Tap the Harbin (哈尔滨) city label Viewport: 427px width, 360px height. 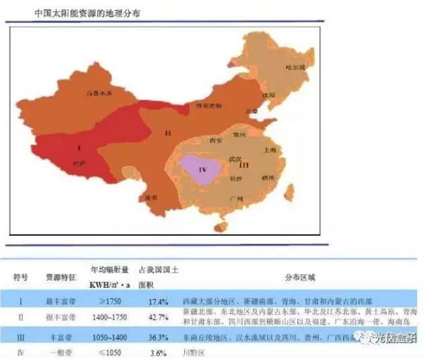(295, 68)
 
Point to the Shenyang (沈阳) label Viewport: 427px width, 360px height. (269, 95)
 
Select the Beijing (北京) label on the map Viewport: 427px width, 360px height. (251, 111)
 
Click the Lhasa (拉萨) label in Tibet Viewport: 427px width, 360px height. (78, 163)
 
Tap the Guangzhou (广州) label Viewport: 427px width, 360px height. (235, 198)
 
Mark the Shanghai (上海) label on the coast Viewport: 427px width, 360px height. (270, 151)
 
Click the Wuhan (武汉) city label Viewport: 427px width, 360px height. (234, 159)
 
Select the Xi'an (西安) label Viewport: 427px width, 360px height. (215, 141)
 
